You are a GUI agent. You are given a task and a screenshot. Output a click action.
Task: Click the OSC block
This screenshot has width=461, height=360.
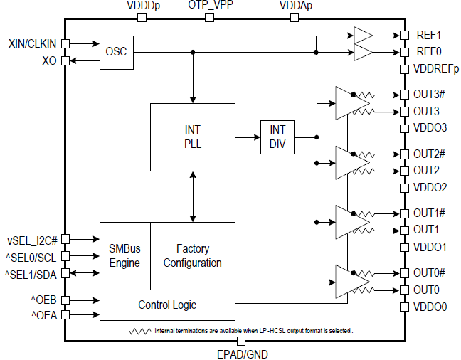tap(117, 52)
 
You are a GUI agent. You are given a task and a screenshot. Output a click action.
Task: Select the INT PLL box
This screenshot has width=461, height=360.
tap(192, 137)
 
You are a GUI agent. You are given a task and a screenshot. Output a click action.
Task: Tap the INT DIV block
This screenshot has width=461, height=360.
tap(277, 137)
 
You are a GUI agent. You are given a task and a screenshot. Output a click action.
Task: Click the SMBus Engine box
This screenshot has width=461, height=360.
tap(124, 255)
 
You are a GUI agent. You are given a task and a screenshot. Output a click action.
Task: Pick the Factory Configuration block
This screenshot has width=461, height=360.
tap(193, 255)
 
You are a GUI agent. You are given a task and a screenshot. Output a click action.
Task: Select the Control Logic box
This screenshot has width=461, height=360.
tap(167, 305)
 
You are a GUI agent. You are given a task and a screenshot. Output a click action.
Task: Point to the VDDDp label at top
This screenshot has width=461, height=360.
tap(142, 6)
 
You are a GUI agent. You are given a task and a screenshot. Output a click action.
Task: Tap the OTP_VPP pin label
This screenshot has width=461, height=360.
tap(210, 6)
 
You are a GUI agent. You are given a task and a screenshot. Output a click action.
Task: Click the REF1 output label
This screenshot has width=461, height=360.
tap(428, 35)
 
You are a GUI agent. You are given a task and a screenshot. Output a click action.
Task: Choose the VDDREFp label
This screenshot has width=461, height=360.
tap(436, 69)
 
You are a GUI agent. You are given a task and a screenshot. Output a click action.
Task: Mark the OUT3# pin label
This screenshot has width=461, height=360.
tap(430, 94)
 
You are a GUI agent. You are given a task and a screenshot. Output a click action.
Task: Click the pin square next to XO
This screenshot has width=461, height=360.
tap(65, 61)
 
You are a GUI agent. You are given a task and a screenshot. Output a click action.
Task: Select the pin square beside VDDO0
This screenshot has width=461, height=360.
tap(403, 307)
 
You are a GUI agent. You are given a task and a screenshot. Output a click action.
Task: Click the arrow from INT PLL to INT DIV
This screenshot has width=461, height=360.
tap(248, 137)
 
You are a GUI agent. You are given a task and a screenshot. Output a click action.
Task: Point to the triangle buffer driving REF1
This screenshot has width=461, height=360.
tap(363, 35)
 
